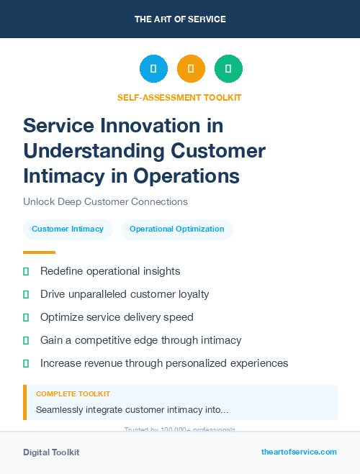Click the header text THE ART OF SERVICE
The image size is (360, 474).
pyautogui.click(x=180, y=19)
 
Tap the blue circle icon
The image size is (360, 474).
pyautogui.click(x=153, y=69)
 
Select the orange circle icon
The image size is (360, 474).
pyautogui.click(x=191, y=69)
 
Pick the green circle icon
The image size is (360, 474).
pyautogui.click(x=228, y=69)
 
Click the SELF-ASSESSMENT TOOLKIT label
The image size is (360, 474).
pyautogui.click(x=179, y=97)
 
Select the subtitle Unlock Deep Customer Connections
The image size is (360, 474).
pyautogui.click(x=105, y=201)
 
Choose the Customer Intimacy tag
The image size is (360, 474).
pyautogui.click(x=68, y=229)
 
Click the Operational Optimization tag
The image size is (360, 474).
pyautogui.click(x=176, y=229)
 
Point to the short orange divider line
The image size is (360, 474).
pyautogui.click(x=39, y=252)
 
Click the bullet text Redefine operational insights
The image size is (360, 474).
pyautogui.click(x=110, y=271)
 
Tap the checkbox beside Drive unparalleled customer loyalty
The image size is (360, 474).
pyautogui.click(x=26, y=294)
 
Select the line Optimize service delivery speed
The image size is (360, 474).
pyautogui.click(x=117, y=317)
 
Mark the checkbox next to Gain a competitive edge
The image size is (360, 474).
pyautogui.click(x=26, y=340)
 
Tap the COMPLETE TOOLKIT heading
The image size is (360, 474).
pyautogui.click(x=73, y=394)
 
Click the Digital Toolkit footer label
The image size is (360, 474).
pyautogui.click(x=51, y=452)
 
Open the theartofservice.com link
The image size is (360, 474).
pyautogui.click(x=299, y=452)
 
